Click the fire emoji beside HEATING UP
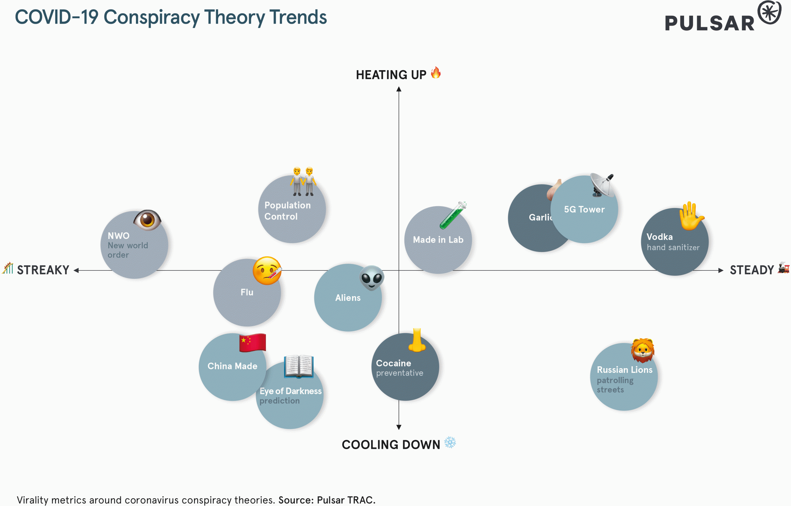point(436,73)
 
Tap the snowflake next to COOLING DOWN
point(450,443)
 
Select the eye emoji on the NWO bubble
point(147,219)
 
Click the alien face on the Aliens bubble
point(371,278)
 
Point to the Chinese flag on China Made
point(252,343)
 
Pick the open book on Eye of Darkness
point(298,366)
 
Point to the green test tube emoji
point(453,215)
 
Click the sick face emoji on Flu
point(267,271)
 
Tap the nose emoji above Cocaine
point(417,340)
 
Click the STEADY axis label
point(751,270)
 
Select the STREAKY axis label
point(43,270)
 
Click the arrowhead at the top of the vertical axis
point(399,89)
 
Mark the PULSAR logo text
point(709,23)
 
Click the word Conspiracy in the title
point(151,17)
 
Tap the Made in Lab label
point(438,240)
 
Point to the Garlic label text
point(540,217)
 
